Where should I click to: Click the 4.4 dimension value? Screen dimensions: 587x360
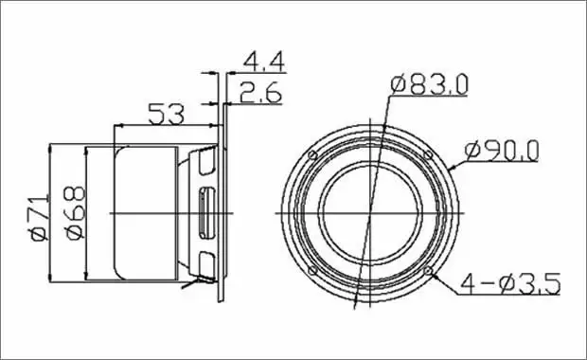click(x=264, y=63)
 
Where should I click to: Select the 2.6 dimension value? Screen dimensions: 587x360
click(x=260, y=93)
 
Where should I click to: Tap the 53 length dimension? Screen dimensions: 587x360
click(x=167, y=115)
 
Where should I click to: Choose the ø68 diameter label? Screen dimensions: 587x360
click(x=75, y=212)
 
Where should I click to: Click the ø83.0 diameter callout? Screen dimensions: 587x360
click(x=429, y=84)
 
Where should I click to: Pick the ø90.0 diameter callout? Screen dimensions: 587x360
click(x=502, y=151)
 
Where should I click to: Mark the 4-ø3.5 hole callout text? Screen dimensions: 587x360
click(x=510, y=284)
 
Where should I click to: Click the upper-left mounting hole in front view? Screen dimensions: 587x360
click(x=312, y=155)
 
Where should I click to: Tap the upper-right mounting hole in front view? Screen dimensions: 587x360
click(x=428, y=154)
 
